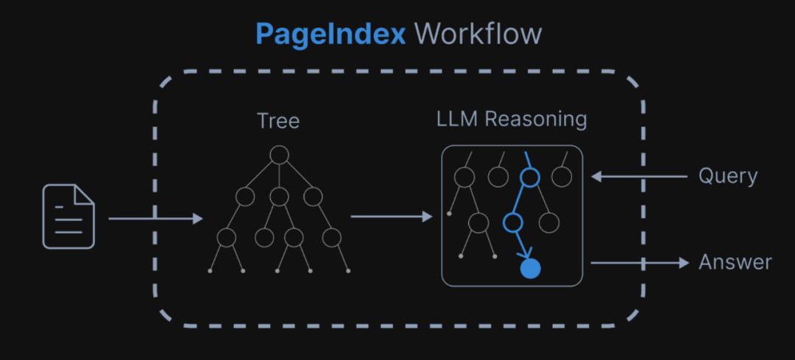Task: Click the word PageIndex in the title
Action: [x=331, y=34]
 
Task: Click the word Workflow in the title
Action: [x=478, y=34]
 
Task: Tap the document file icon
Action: [x=68, y=216]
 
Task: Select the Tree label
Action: [x=278, y=120]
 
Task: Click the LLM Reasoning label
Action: [x=512, y=119]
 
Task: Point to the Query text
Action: [x=727, y=177]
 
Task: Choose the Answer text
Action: [x=735, y=262]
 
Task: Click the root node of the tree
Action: [x=278, y=155]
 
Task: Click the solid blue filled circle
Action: [x=530, y=269]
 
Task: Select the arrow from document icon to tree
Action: [x=155, y=219]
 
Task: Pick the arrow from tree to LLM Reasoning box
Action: [x=392, y=216]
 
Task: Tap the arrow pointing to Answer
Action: [x=639, y=262]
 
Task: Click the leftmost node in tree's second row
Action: [x=244, y=196]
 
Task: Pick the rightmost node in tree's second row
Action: [x=313, y=196]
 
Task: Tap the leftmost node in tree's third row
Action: [x=226, y=237]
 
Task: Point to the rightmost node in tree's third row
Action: [x=331, y=237]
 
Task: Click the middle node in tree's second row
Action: [x=278, y=196]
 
